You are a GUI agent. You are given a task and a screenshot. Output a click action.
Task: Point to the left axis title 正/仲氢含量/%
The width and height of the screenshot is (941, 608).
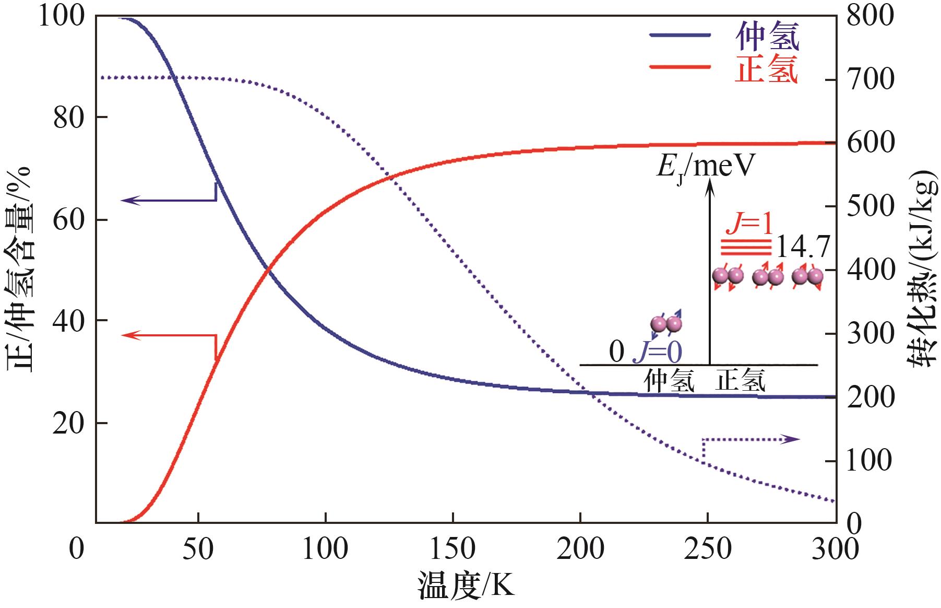[x=20, y=269]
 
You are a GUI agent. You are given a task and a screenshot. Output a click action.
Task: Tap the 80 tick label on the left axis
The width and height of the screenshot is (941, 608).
[x=69, y=119]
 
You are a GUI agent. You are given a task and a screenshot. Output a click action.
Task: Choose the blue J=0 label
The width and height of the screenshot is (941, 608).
[x=657, y=353]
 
